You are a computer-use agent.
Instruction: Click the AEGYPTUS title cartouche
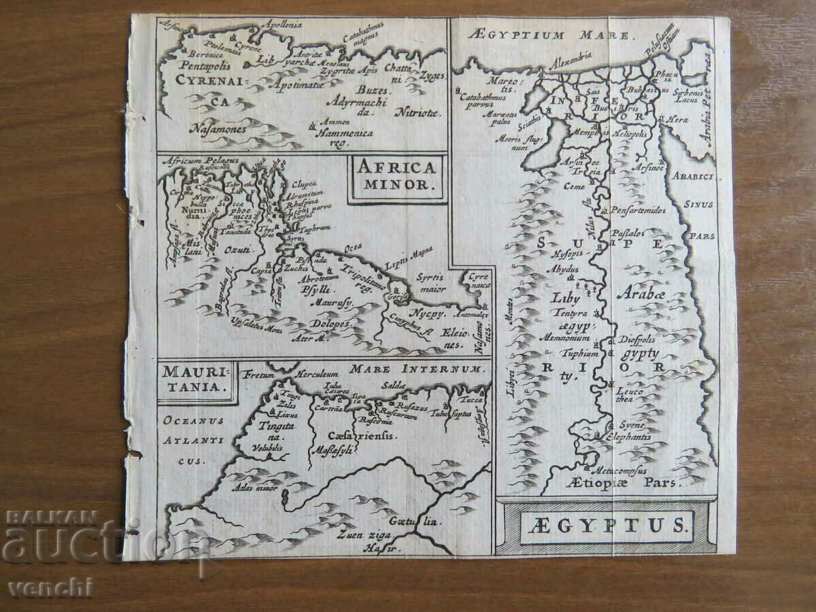coord(606,526)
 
